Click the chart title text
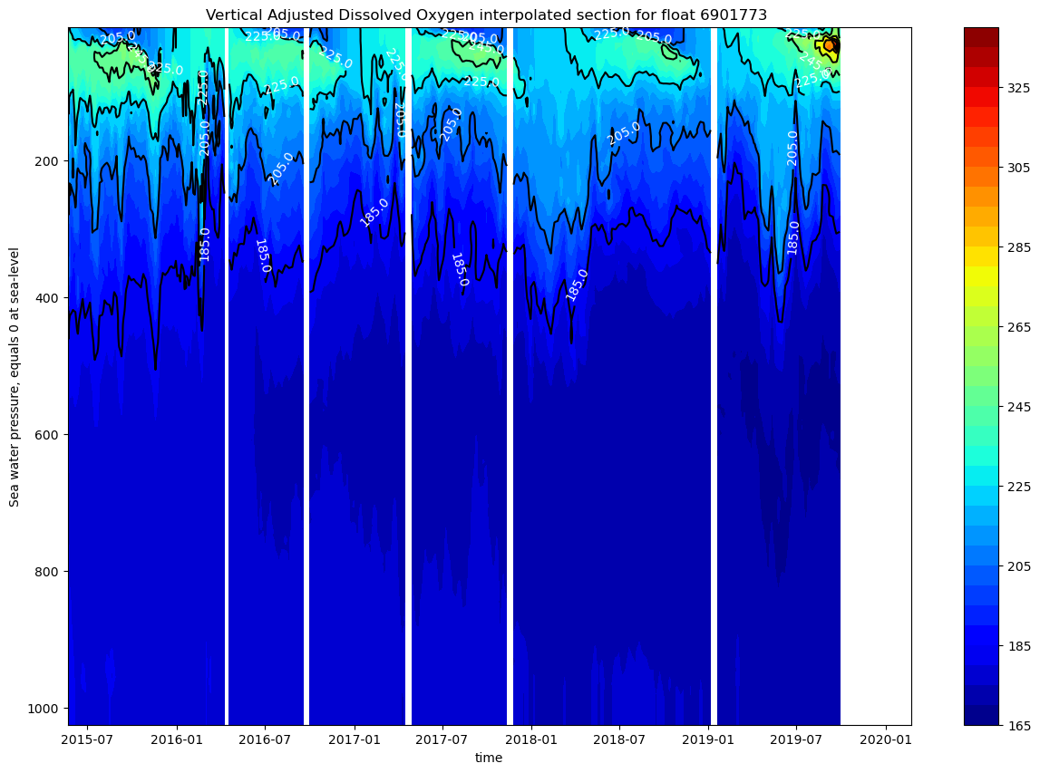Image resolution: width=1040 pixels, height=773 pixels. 486,14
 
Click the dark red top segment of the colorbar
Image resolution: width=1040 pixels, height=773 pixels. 980,36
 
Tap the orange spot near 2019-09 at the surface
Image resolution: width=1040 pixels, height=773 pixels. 829,44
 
